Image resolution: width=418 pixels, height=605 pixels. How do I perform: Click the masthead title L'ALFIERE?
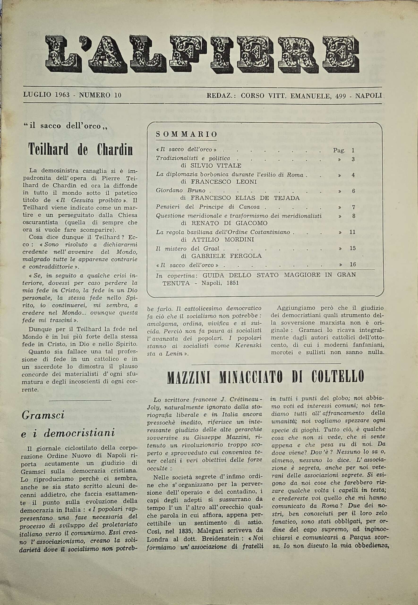(x=202, y=55)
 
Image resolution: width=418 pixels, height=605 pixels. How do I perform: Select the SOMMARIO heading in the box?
(x=187, y=134)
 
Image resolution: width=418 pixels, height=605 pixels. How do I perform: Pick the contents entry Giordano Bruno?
(x=181, y=190)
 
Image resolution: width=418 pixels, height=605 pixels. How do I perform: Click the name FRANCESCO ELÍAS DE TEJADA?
(x=240, y=198)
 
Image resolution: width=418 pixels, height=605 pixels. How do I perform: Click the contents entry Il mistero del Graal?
(x=188, y=248)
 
